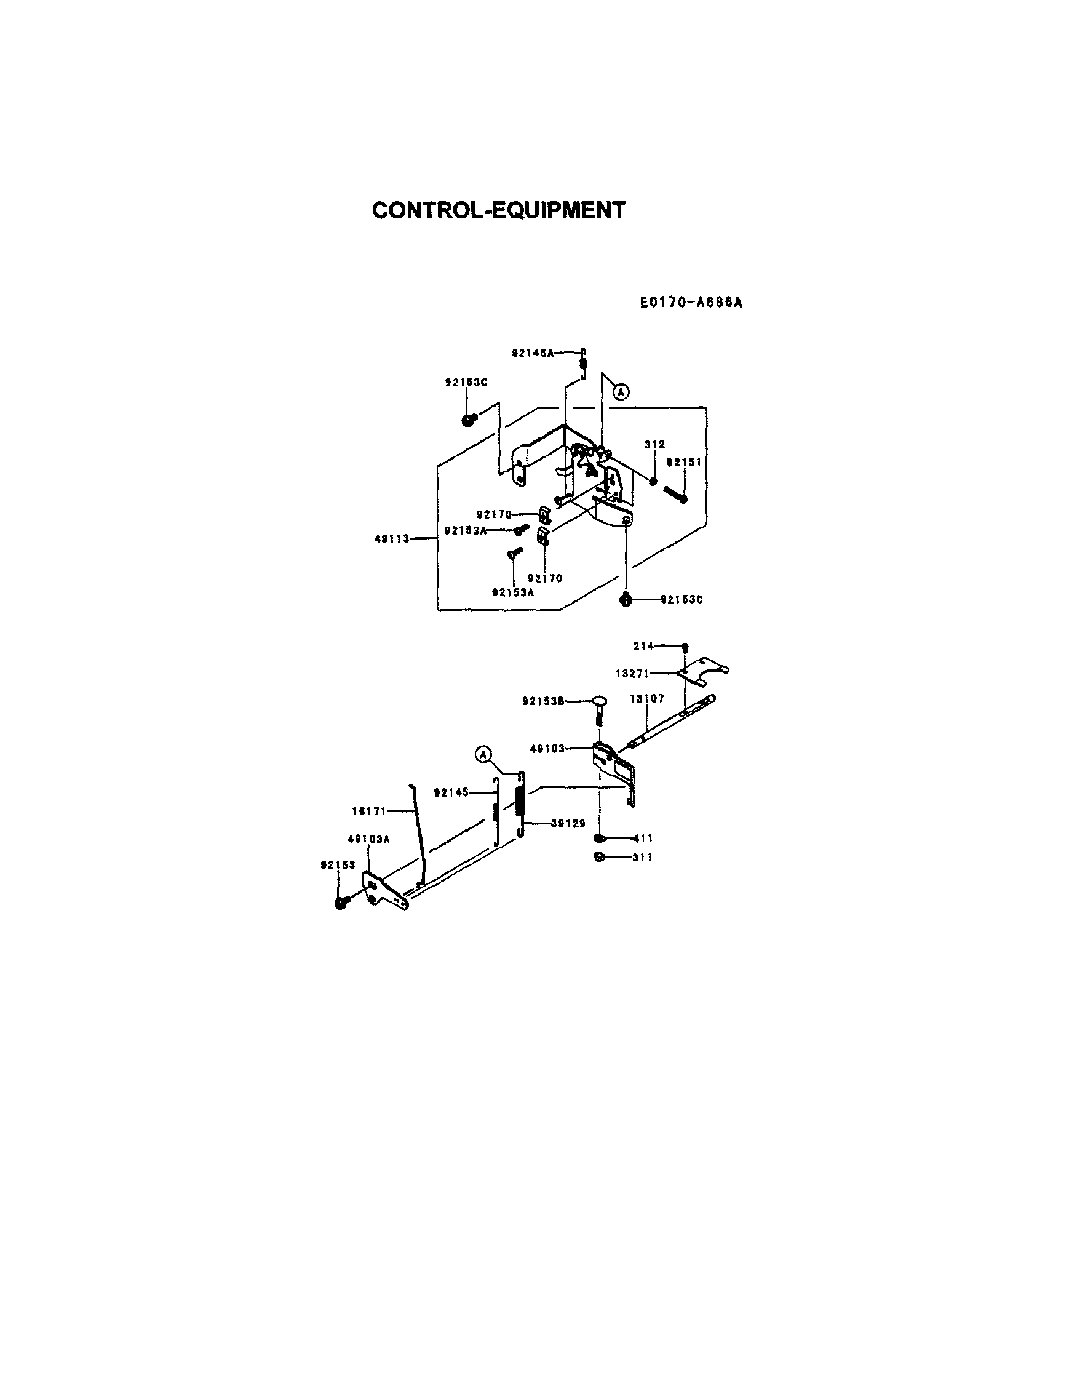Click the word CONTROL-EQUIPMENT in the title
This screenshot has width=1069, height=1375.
click(499, 210)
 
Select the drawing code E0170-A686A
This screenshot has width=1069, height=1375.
click(691, 303)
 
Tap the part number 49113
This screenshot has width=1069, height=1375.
click(392, 539)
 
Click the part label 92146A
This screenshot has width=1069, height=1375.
click(533, 353)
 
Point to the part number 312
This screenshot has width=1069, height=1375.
click(654, 444)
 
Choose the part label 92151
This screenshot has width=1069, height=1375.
click(685, 462)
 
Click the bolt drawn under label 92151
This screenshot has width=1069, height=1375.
click(675, 495)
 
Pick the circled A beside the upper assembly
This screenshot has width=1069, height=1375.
click(621, 393)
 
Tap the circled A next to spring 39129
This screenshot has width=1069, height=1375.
click(483, 754)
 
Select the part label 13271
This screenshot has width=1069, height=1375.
click(632, 674)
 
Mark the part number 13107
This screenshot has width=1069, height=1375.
click(647, 699)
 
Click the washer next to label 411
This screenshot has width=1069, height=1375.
click(600, 839)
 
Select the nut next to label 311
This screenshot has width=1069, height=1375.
click(600, 856)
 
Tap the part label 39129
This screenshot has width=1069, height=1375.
click(568, 823)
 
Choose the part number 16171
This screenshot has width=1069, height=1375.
click(368, 811)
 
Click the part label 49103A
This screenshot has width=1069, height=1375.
click(368, 839)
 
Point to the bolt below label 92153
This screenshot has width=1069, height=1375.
click(341, 904)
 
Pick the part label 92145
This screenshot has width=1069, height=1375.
click(451, 792)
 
